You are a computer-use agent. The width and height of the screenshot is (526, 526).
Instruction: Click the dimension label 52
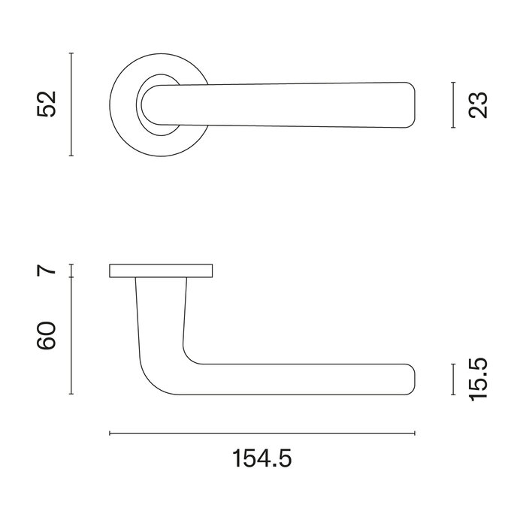coord(47,104)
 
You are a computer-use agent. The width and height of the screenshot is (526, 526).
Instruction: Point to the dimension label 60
coord(47,336)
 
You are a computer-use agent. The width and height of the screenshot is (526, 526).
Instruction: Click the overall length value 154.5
coord(261,457)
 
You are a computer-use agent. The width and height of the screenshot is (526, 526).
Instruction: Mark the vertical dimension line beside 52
coord(71,104)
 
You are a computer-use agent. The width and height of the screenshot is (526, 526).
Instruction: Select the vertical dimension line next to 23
coord(454,104)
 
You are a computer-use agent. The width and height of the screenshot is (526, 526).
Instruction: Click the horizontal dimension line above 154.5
coord(261,434)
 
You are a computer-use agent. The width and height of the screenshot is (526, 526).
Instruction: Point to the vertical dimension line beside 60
coord(71,336)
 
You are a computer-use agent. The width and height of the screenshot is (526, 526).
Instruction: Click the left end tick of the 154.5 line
coord(110,434)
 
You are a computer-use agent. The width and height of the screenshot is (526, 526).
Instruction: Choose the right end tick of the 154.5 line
coord(415,434)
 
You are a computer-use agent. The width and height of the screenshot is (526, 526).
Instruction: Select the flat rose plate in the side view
coord(162,271)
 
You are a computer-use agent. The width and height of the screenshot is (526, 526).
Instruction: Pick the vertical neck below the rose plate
coord(161,308)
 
